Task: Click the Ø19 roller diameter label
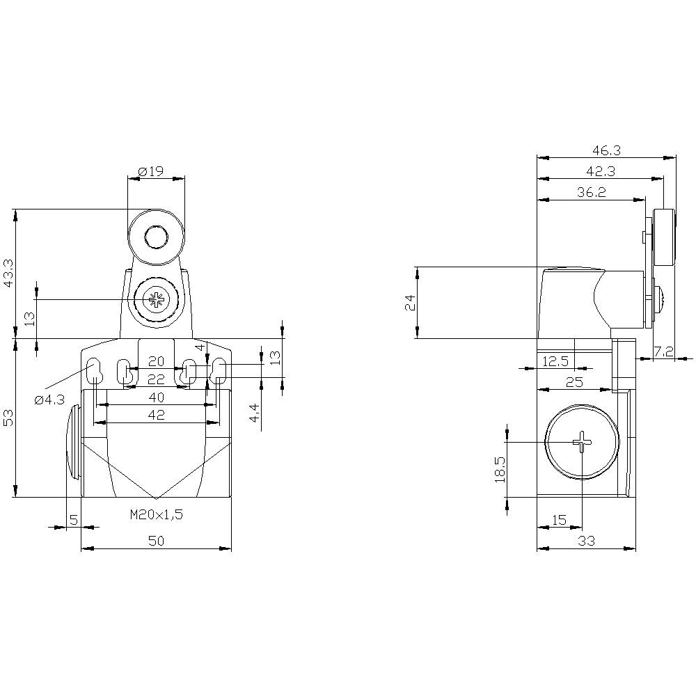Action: pos(150,171)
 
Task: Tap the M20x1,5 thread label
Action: pos(156,516)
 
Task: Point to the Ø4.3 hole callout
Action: pos(49,400)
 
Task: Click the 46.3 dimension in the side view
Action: pos(606,150)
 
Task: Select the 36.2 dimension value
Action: pos(591,193)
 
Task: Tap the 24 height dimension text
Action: pos(410,302)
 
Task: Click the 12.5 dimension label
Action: pos(554,361)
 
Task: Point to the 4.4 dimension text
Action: pos(255,413)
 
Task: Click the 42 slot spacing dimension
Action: pos(156,415)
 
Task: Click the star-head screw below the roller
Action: pos(156,300)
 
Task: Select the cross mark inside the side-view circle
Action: pos(581,441)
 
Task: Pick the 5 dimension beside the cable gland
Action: pos(73,519)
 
